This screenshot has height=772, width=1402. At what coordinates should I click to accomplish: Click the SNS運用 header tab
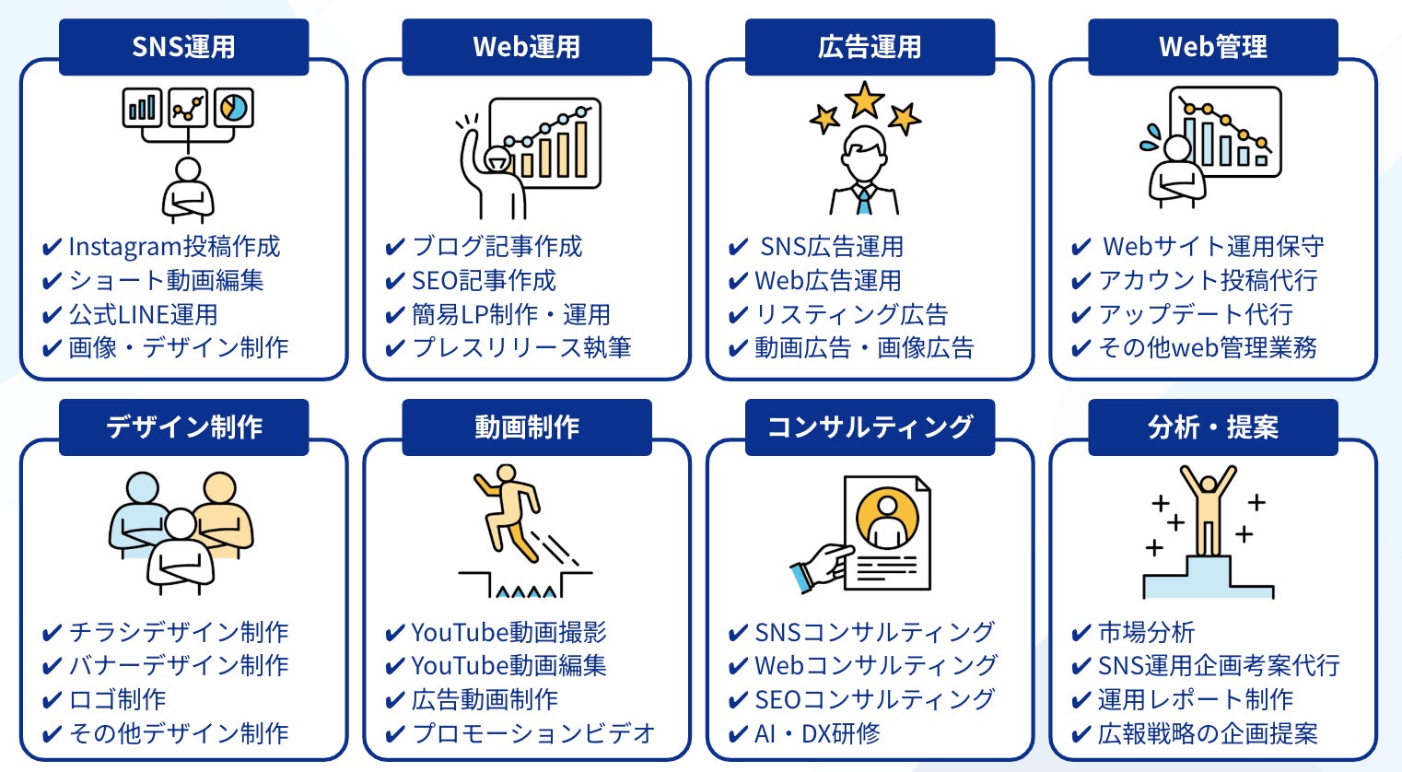click(x=183, y=47)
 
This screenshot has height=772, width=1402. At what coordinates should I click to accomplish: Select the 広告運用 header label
click(x=870, y=47)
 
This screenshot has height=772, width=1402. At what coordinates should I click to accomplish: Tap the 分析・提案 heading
click(x=1212, y=427)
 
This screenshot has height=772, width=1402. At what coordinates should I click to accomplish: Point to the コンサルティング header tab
click(x=870, y=427)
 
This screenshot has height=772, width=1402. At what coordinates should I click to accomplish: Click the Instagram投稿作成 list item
click(x=174, y=247)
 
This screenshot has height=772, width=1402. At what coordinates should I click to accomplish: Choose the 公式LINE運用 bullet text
click(x=143, y=314)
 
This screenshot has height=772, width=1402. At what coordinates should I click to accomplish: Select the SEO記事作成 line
click(x=484, y=280)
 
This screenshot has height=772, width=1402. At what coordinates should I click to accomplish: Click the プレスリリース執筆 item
click(x=521, y=347)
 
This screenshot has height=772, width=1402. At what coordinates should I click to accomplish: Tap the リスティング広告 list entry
click(x=851, y=314)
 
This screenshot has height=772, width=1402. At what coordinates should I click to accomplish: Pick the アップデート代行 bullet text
click(x=1195, y=314)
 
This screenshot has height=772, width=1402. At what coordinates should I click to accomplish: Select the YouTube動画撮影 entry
click(x=508, y=632)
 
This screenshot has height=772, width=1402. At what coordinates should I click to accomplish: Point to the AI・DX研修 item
click(x=817, y=733)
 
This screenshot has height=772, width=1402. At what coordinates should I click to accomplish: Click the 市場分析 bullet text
click(x=1146, y=632)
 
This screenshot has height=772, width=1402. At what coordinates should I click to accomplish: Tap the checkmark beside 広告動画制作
click(x=395, y=701)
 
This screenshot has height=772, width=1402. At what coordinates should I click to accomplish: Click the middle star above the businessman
click(x=864, y=99)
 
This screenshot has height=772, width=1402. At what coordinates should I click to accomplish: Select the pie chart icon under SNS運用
click(x=234, y=109)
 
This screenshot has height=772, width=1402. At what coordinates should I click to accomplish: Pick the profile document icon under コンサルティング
click(x=887, y=532)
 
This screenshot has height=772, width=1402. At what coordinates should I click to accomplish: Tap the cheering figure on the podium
click(x=1208, y=507)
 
